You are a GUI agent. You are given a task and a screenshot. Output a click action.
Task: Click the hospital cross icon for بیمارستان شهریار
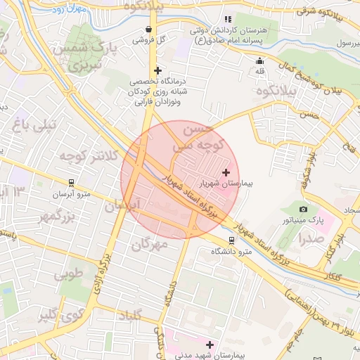tap(225, 172)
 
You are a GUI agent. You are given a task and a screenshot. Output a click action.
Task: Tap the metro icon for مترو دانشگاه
tap(232, 240)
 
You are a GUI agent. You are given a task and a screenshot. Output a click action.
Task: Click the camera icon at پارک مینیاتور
tap(303, 209)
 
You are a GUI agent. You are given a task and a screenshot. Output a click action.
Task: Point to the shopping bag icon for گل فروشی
tap(148, 30)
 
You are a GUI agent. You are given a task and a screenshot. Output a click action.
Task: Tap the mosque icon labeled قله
tap(259, 60)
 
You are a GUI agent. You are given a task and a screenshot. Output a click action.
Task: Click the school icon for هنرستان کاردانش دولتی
tap(227, 19)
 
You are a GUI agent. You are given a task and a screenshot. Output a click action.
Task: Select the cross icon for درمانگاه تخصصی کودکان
tap(157, 70)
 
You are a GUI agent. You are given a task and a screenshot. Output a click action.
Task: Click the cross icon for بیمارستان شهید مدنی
tap(210, 345)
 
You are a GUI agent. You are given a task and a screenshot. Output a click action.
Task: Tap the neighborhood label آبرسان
tap(124, 205)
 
